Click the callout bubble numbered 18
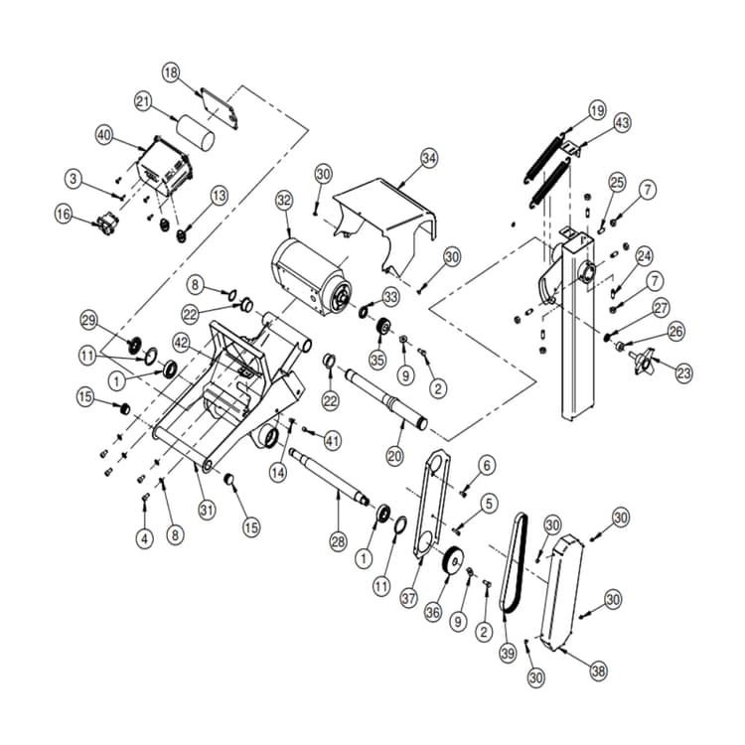pos(171,73)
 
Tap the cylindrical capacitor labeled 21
pos(196,132)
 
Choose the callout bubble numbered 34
pos(428,158)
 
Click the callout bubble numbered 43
pos(622,123)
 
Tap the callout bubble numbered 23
pos(683,373)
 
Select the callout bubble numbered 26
pos(675,331)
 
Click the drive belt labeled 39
pos(514,566)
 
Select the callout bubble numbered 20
pos(395,458)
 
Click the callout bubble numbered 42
pos(181,341)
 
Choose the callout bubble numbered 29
pos(90,320)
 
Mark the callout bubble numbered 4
pos(145,538)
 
